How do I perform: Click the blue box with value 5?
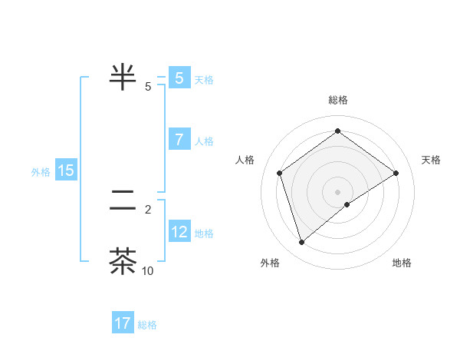tap(179, 78)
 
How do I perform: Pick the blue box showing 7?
tap(179, 141)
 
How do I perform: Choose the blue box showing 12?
tap(179, 232)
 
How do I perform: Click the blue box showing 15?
tap(66, 171)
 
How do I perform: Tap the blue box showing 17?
tap(123, 323)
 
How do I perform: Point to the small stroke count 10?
tap(147, 270)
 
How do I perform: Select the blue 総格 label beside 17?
tap(147, 325)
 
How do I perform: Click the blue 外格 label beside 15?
tap(41, 172)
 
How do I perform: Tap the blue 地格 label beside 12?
tap(204, 233)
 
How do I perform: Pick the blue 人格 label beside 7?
tap(204, 141)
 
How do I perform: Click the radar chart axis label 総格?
tap(337, 100)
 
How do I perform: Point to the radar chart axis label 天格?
tap(432, 160)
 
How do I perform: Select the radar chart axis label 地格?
tap(402, 263)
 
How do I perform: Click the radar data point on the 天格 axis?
tap(396, 173)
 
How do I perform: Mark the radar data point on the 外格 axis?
tap(302, 243)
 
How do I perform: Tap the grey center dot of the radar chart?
tap(337, 192)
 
